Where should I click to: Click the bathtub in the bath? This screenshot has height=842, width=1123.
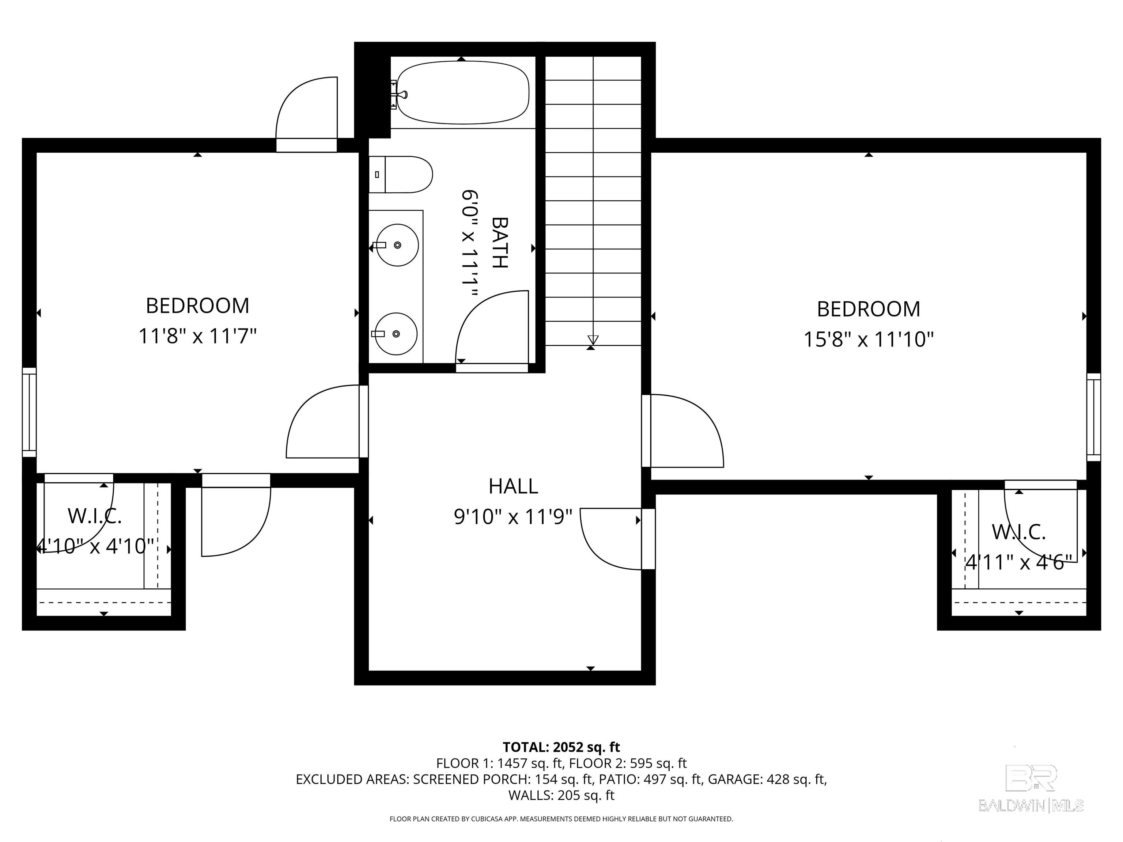point(463,92)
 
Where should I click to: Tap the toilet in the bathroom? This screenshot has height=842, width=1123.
point(401,175)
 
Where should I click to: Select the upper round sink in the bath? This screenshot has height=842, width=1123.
point(397,245)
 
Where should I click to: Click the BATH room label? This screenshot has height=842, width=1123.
point(500,243)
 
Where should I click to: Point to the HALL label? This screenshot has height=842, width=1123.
point(513,486)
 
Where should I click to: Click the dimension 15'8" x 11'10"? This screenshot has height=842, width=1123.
point(868,339)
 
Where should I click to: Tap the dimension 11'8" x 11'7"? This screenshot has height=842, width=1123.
point(197,336)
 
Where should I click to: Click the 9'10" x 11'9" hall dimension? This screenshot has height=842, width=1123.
point(513,517)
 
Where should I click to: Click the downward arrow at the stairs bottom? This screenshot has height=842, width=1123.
point(593,340)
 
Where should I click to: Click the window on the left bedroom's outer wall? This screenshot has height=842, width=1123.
point(30,412)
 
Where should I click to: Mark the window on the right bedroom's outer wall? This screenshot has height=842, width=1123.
point(1093,417)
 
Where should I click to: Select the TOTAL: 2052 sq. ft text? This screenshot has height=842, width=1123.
point(561,747)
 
